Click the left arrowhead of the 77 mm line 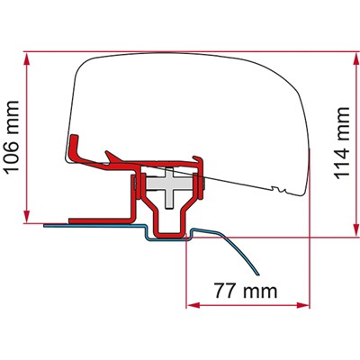tap(191, 300)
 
